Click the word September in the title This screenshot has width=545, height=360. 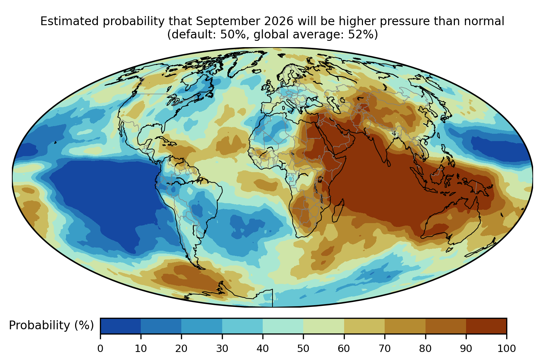228,21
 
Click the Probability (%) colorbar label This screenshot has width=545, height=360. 51,325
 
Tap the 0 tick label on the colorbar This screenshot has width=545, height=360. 100,348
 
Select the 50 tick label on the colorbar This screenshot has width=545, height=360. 303,348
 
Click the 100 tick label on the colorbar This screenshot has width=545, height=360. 507,348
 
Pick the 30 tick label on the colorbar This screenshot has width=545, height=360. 222,348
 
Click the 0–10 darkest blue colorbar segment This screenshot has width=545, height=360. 121,326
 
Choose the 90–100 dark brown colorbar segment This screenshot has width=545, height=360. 486,326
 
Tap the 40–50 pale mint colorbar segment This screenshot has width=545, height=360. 283,326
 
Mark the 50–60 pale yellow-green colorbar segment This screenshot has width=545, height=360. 324,326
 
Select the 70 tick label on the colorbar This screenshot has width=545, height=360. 385,348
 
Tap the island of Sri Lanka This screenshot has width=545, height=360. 388,163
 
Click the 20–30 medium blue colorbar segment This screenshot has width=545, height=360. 202,326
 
